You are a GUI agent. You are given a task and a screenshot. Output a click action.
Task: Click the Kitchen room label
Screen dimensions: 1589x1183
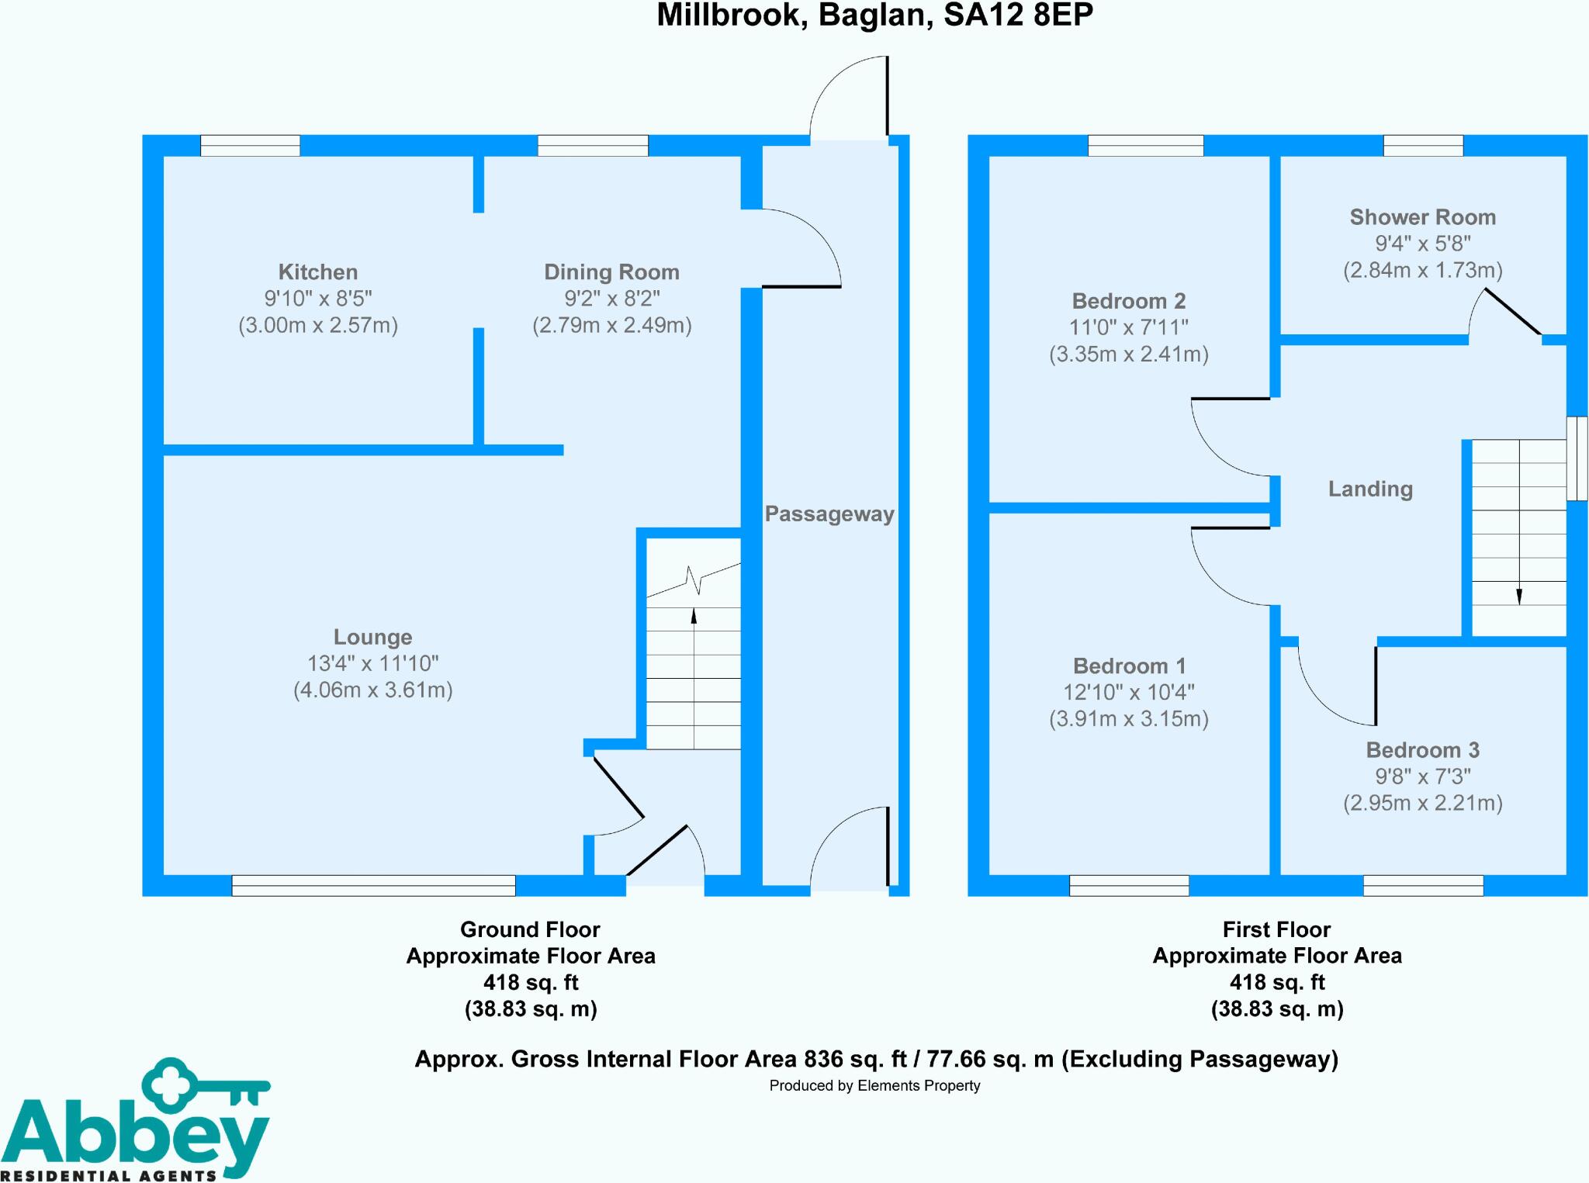tap(317, 272)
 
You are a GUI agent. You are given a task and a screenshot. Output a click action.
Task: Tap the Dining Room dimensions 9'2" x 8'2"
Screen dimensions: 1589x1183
tap(611, 299)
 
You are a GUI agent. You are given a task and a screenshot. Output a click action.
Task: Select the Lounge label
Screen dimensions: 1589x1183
tap(372, 637)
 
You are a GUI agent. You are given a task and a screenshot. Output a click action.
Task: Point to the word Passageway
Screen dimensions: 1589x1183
tap(829, 514)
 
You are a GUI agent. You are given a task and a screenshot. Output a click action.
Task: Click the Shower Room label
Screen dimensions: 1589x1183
tap(1422, 217)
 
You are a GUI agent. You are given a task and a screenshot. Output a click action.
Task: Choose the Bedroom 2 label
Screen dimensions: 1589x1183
tap(1128, 301)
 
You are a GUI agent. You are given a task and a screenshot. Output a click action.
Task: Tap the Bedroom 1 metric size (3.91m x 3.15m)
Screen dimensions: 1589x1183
tap(1128, 719)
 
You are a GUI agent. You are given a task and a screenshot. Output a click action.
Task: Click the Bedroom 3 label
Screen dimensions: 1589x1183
tap(1422, 750)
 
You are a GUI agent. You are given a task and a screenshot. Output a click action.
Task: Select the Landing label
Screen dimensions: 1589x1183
tap(1370, 489)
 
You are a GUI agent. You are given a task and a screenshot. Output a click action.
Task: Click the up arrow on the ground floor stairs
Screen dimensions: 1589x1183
tap(694, 616)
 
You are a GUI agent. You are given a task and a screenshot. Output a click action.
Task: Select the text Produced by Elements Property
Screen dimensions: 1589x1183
tap(874, 1086)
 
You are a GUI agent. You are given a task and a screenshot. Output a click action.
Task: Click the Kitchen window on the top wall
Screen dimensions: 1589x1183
tap(250, 145)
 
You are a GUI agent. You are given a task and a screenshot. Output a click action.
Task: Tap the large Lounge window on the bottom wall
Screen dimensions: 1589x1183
tap(373, 885)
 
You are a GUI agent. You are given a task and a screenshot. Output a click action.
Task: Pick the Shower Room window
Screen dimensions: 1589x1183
tap(1423, 145)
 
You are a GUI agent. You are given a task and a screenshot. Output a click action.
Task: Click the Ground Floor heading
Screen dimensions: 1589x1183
tap(530, 929)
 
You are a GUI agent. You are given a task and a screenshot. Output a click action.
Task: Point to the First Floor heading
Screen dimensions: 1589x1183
tap(1276, 929)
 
